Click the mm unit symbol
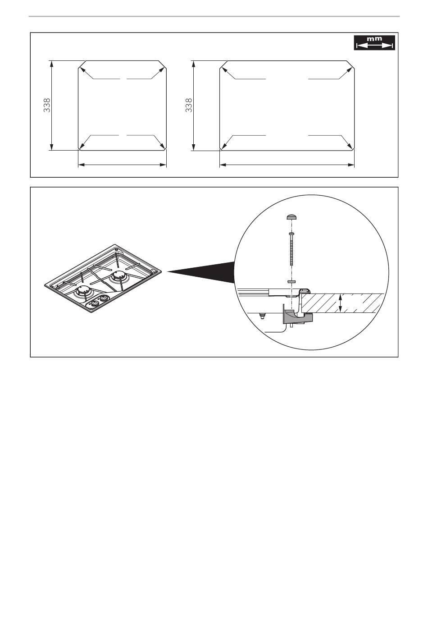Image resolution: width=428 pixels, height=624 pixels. (x=374, y=39)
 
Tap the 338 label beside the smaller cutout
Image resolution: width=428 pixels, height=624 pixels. (x=47, y=106)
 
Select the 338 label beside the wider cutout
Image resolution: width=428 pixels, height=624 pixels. (x=189, y=106)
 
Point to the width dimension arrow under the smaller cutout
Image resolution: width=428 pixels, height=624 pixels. (x=122, y=165)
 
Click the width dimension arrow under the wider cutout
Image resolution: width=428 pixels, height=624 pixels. (x=287, y=165)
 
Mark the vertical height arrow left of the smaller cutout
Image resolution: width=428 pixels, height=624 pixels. (x=51, y=106)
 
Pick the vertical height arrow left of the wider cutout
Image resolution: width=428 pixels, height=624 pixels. (x=193, y=106)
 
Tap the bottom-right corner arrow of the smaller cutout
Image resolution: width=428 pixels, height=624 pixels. (x=158, y=142)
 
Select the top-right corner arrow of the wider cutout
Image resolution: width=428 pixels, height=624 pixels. (x=346, y=73)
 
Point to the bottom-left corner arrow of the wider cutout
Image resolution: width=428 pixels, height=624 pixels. (x=228, y=142)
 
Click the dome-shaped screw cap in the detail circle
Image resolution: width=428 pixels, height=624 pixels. (x=291, y=217)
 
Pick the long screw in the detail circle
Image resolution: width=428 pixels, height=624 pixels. (x=291, y=248)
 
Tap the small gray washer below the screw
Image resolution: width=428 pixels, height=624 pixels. (x=291, y=282)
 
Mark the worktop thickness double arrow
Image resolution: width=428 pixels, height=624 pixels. (x=340, y=303)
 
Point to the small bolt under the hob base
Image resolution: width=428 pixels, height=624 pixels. (x=262, y=316)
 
